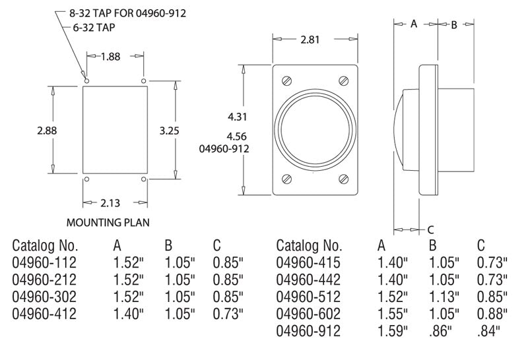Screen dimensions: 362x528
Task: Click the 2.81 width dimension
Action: pyautogui.click(x=308, y=40)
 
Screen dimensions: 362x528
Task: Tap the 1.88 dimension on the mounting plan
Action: pyautogui.click(x=111, y=56)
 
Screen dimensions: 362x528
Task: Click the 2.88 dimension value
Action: pyautogui.click(x=46, y=130)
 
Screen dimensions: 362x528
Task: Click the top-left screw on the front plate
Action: pyautogui.click(x=286, y=81)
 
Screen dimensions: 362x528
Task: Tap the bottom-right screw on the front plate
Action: pyautogui.click(x=343, y=179)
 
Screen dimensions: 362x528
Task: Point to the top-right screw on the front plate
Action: pyautogui.click(x=343, y=81)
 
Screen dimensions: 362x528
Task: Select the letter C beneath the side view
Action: pyautogui.click(x=430, y=229)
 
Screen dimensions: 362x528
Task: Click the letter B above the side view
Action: pyautogui.click(x=454, y=24)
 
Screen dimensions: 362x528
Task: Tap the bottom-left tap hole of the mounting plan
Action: pyautogui.click(x=84, y=179)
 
